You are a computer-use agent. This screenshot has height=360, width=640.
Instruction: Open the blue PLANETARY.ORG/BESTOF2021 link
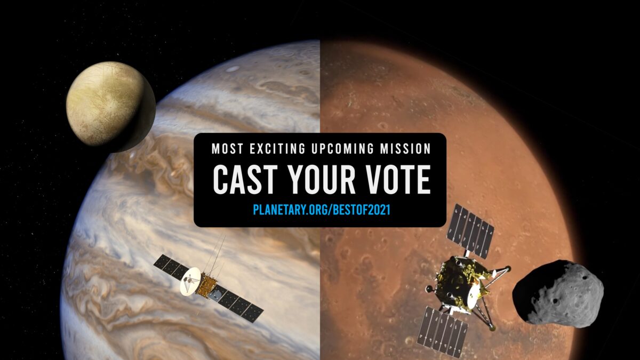tap(320, 210)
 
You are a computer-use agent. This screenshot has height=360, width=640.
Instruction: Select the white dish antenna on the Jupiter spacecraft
tap(190, 281)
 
